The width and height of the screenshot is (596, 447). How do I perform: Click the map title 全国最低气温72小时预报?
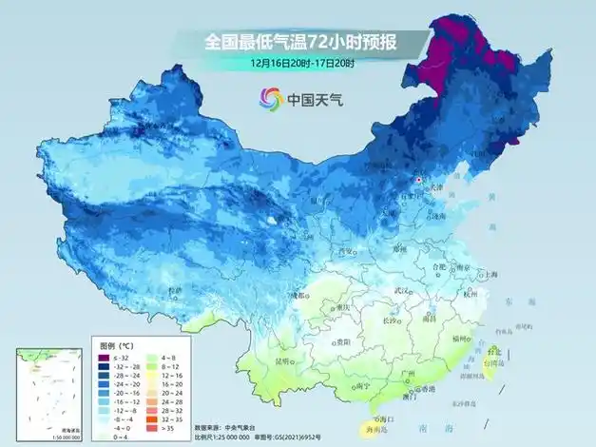[302, 41]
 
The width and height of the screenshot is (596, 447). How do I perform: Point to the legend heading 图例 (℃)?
[119, 345]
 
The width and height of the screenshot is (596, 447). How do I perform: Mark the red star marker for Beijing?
[415, 178]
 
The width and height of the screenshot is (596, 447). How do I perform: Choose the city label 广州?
[408, 372]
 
